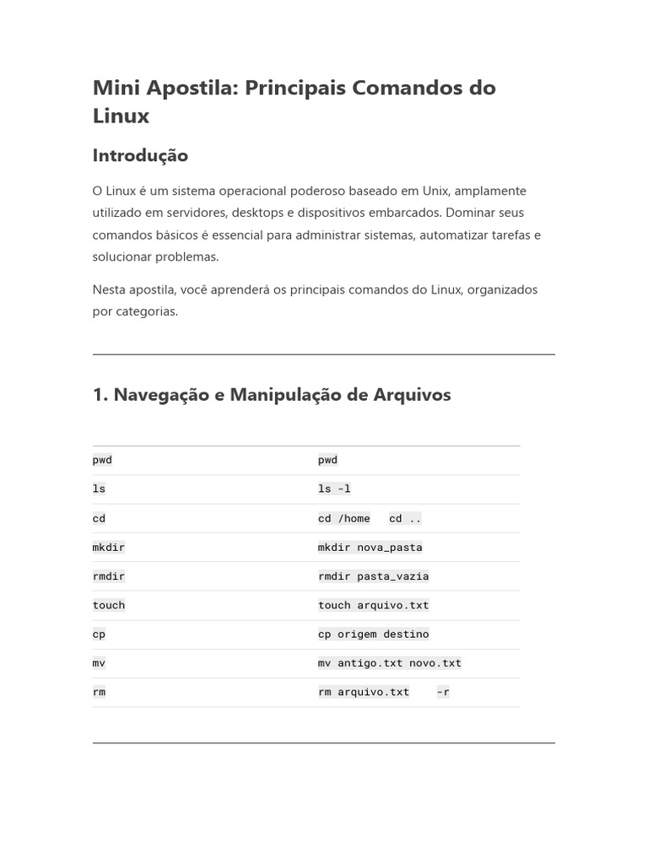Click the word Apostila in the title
pos(192,88)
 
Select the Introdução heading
pos(140,155)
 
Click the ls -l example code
pos(334,489)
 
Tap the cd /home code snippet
pos(343,518)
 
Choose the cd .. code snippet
pos(405,518)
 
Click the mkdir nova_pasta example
pos(370,547)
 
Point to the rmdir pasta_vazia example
pos(373,575)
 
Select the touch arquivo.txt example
pos(373,605)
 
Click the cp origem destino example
pos(373,634)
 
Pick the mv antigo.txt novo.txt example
pos(389,662)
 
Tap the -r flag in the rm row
pos(443,692)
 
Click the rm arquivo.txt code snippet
pos(363,692)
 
